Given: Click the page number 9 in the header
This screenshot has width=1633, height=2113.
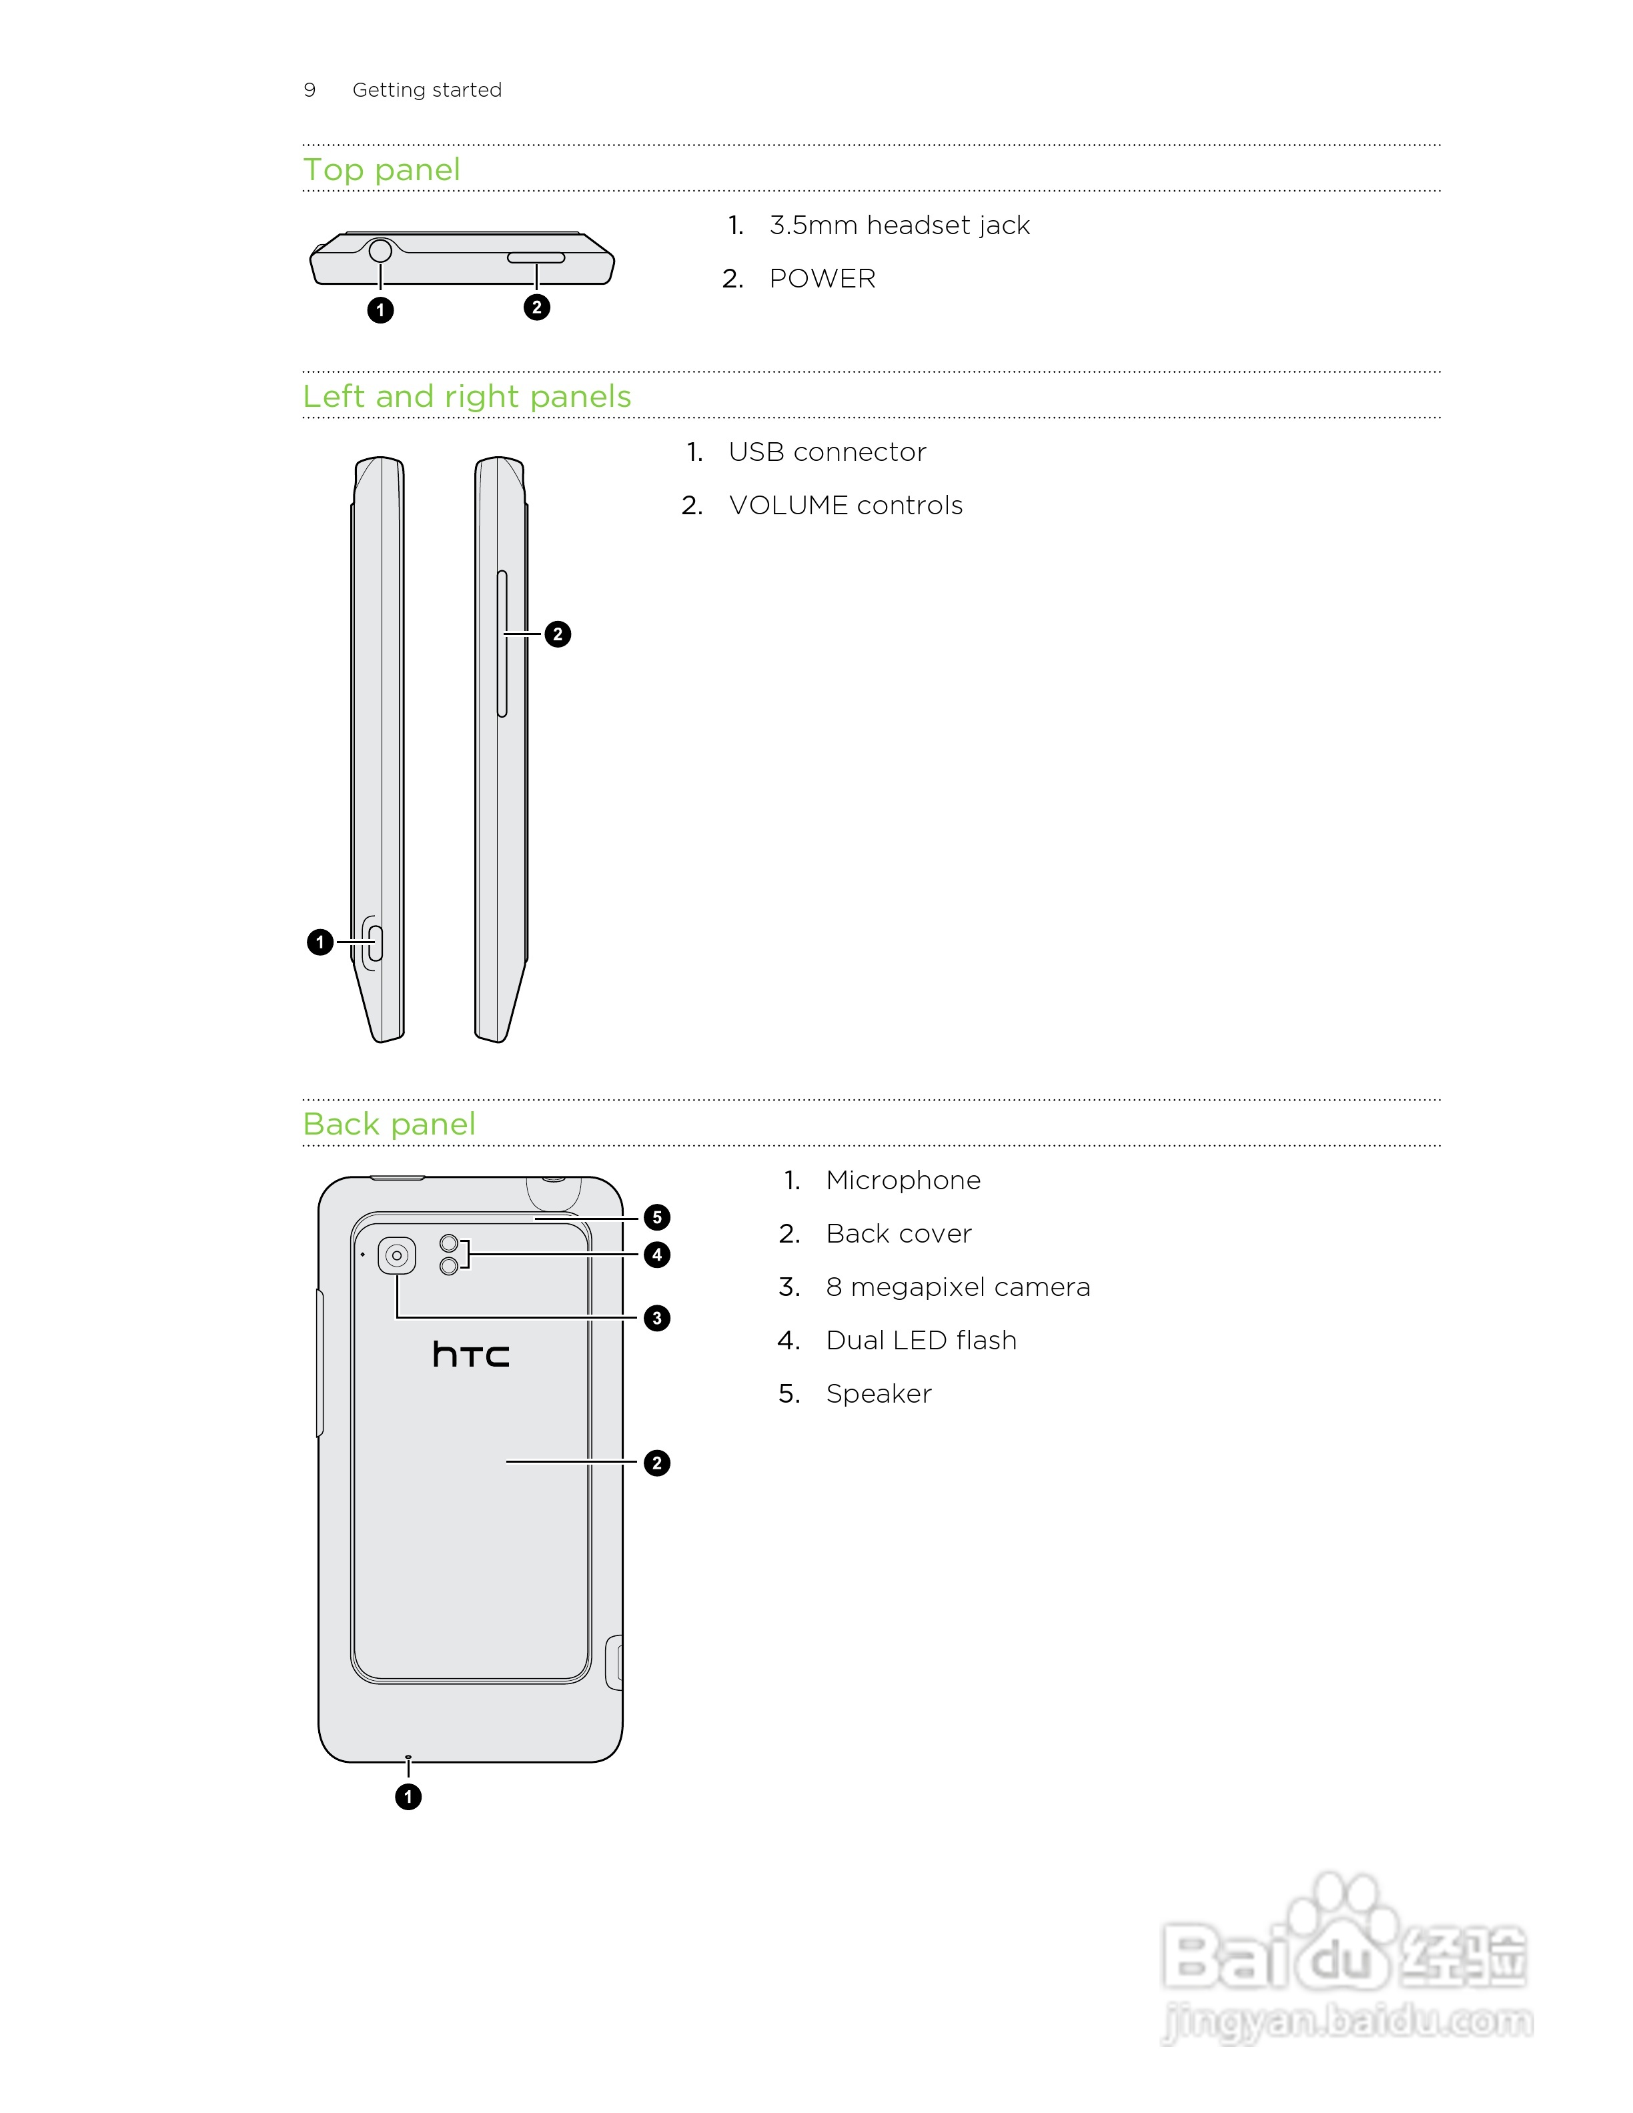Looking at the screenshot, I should click(310, 90).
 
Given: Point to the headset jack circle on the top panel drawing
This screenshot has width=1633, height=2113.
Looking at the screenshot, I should click(380, 251).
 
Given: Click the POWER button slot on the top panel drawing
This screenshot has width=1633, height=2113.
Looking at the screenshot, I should click(536, 258).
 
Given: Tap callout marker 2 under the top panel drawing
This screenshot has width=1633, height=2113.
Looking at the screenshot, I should click(537, 307).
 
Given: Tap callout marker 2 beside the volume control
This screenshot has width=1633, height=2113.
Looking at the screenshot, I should click(557, 635).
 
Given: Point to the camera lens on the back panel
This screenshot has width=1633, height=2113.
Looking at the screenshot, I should click(397, 1256).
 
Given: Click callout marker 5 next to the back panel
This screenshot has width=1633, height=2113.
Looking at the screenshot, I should click(657, 1217).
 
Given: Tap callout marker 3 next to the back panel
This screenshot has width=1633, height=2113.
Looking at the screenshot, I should click(657, 1318).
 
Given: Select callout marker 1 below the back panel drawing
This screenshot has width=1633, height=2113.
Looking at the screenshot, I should click(408, 1797).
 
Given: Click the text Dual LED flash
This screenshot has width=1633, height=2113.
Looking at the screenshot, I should click(921, 1340).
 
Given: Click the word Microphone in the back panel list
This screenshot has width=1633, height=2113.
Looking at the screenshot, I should click(903, 1181).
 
